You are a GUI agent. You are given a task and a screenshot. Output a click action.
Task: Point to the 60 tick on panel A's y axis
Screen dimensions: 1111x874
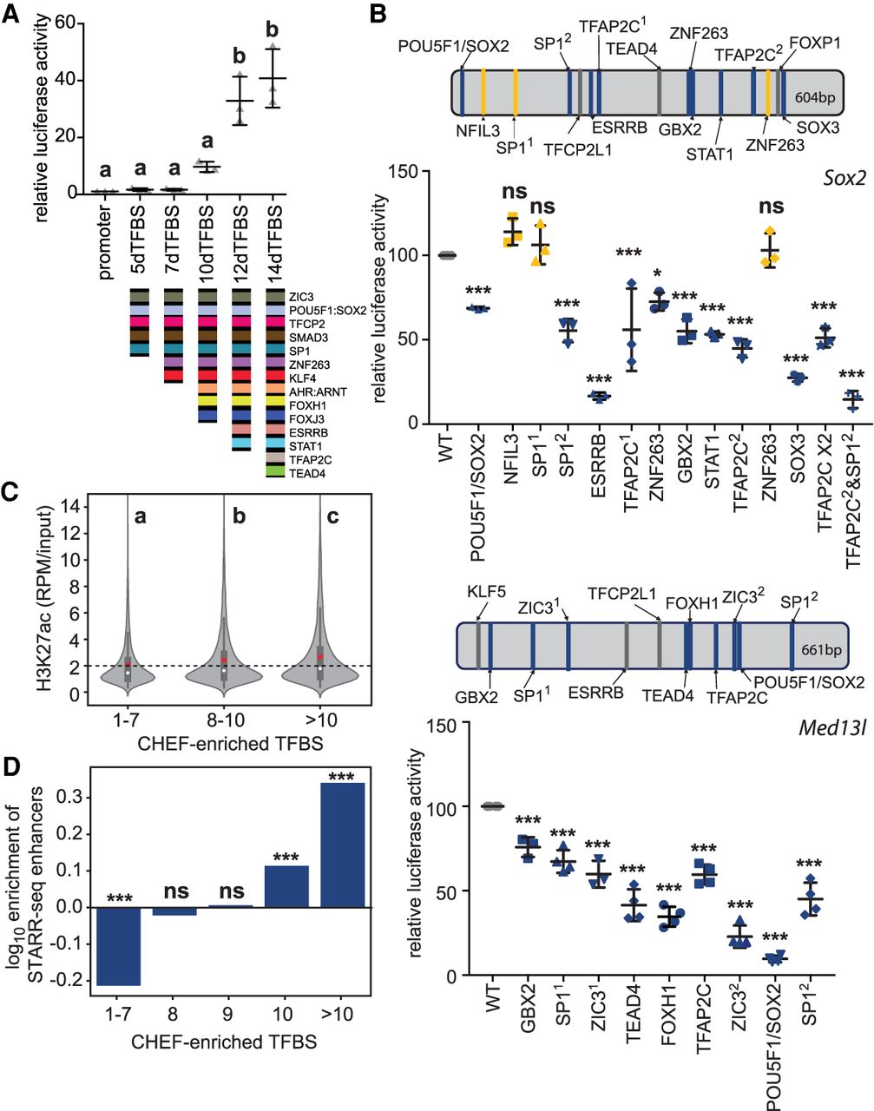(x=62, y=23)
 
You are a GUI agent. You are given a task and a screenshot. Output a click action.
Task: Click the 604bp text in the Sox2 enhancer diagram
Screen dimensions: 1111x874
(x=814, y=98)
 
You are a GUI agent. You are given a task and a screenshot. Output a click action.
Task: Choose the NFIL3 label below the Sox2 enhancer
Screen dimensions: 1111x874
(x=477, y=131)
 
